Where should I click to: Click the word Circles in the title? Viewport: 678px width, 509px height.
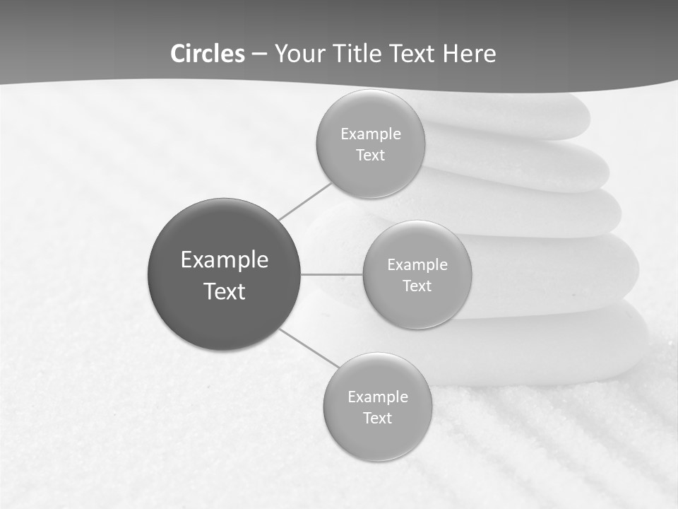(208, 54)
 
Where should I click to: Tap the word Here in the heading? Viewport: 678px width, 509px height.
(470, 54)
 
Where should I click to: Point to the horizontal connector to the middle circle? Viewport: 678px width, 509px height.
(332, 274)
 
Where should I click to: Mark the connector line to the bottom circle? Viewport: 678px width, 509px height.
(309, 348)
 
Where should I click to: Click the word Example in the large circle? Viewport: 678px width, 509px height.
(224, 260)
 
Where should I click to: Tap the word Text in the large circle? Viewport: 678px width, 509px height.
(224, 291)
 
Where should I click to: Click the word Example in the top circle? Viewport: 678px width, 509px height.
(370, 134)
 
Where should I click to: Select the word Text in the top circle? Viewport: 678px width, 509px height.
(370, 156)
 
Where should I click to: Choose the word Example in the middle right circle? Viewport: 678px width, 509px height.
(417, 265)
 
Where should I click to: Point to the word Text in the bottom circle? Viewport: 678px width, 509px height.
(377, 419)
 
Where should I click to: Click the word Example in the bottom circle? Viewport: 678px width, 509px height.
(377, 397)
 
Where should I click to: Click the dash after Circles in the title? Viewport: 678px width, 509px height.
(259, 54)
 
